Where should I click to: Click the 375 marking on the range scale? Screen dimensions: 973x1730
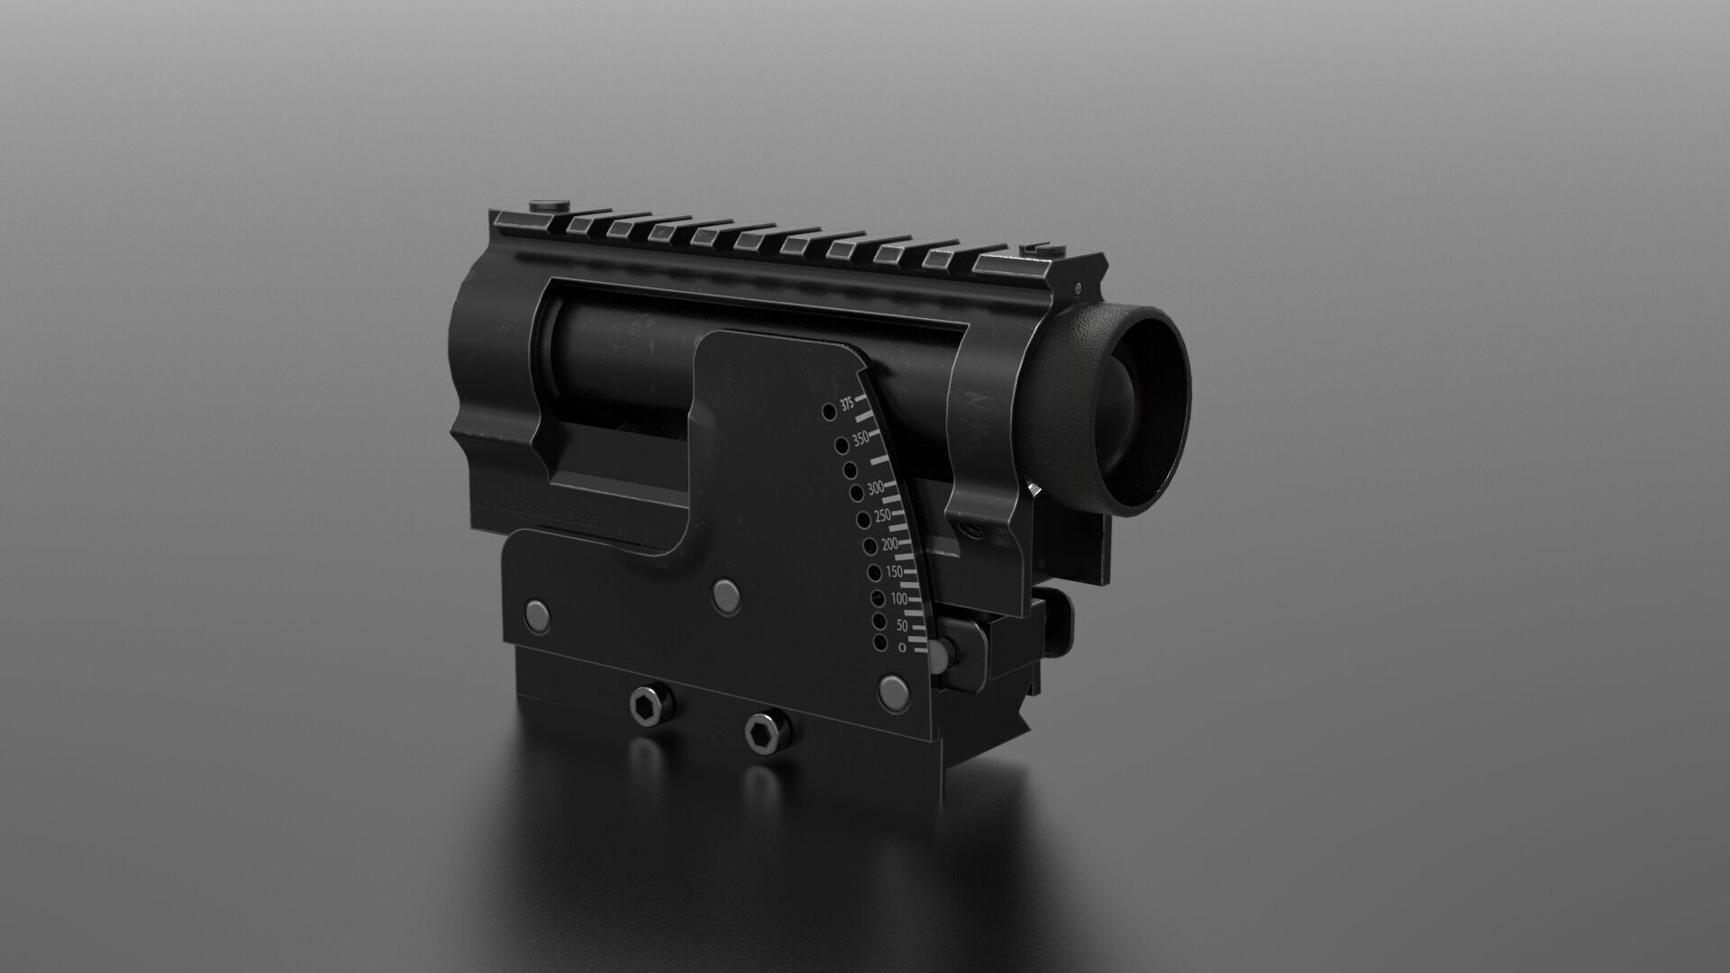pos(847,405)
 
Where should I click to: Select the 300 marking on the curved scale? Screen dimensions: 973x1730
pos(875,489)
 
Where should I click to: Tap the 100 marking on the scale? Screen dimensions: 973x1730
pos(899,599)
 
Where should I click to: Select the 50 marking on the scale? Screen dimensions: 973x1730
pos(901,624)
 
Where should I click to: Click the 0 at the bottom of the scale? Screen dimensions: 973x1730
pos(902,646)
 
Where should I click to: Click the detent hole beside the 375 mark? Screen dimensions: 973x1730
pos(828,413)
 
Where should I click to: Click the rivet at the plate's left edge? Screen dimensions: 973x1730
pos(539,615)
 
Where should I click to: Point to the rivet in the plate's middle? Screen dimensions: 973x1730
pos(725,593)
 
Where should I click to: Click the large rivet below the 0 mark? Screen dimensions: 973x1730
pos(894,692)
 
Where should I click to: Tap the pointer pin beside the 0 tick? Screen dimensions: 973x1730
pos(942,654)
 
